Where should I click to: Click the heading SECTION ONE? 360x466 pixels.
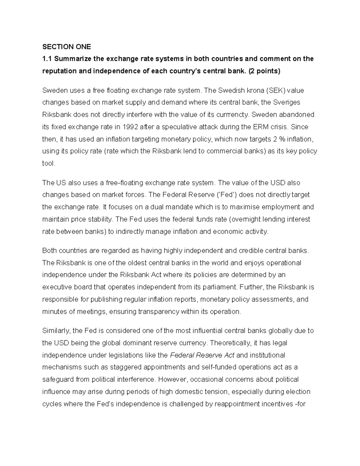coord(66,47)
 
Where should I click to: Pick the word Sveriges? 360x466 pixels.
coord(287,103)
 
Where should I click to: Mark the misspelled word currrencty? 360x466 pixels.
coord(232,115)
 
